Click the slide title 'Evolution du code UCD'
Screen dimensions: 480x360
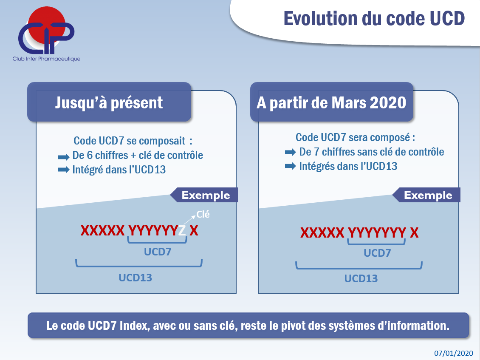coord(374,18)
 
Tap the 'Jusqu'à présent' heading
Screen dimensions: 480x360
coord(109,102)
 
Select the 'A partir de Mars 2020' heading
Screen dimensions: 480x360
coord(331,102)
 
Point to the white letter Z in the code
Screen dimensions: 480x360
coord(182,230)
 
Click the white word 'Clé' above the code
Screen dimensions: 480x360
coord(203,214)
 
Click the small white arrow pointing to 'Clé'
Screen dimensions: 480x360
coord(189,220)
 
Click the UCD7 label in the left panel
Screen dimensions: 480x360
coord(158,252)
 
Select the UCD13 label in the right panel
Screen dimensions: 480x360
coord(361,278)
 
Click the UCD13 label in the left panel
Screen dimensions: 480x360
coord(136,277)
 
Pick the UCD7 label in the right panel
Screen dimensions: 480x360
coord(377,253)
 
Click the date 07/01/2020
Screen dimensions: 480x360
coord(454,353)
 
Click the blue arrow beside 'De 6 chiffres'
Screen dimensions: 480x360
coord(64,157)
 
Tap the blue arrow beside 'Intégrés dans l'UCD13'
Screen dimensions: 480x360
coord(290,166)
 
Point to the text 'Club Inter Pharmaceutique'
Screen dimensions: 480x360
coord(47,59)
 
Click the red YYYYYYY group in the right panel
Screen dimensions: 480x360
coord(377,233)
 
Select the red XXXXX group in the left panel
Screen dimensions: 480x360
coord(102,231)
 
